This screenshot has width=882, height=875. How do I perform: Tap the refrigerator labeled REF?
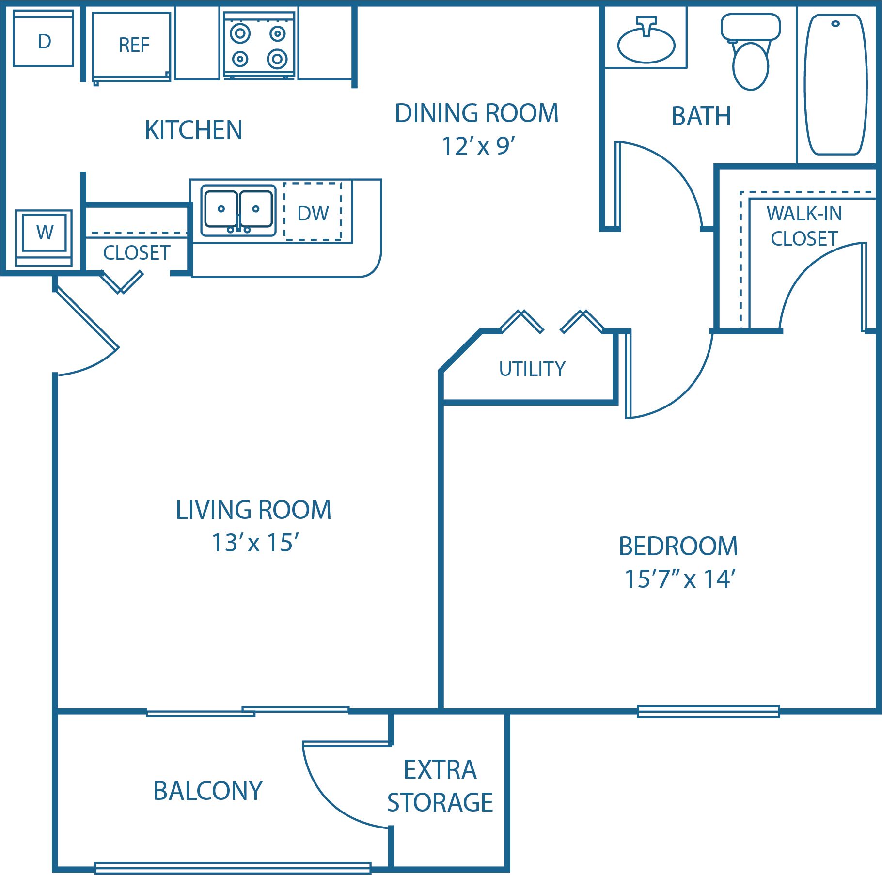point(132,46)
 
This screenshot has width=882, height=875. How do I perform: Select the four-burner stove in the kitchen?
point(259,45)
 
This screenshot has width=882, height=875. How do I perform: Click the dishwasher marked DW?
point(313,212)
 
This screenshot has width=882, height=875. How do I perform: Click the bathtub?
point(835,84)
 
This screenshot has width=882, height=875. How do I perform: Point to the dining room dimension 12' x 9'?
point(478,146)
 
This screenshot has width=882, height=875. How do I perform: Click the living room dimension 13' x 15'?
point(255,543)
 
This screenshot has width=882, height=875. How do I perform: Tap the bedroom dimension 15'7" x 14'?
point(680,579)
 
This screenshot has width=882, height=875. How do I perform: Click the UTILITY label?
point(532,369)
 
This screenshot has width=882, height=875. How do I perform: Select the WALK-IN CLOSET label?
point(804,226)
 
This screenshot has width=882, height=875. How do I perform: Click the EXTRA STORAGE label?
point(440,786)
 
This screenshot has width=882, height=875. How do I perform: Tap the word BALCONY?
point(208,792)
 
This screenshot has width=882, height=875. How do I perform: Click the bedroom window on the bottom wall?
point(708,711)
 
